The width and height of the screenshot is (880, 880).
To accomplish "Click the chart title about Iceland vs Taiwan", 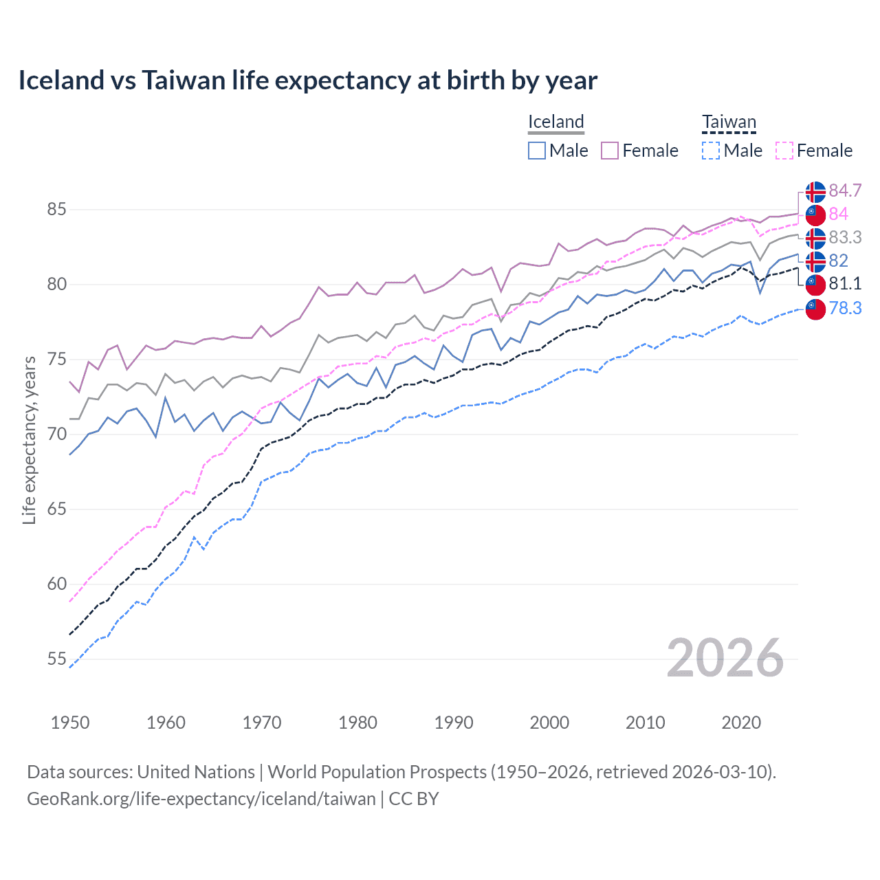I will pyautogui.click(x=307, y=80).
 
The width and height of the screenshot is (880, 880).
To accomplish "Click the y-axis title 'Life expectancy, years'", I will pyautogui.click(x=29, y=440).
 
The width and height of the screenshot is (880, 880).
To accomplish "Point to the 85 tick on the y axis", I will pyautogui.click(x=56, y=209).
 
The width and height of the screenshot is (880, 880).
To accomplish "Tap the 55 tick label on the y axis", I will pyautogui.click(x=56, y=659).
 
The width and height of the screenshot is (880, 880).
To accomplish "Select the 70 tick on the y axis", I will pyautogui.click(x=56, y=434).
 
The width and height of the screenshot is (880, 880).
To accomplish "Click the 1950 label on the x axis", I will pyautogui.click(x=70, y=723).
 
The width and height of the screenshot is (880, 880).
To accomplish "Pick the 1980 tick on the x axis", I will pyautogui.click(x=357, y=723).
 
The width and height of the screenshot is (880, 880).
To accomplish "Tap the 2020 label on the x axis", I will pyautogui.click(x=741, y=723).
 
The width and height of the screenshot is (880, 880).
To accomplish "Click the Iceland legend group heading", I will pyautogui.click(x=555, y=122).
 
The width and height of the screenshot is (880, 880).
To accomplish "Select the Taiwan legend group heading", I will pyautogui.click(x=729, y=122).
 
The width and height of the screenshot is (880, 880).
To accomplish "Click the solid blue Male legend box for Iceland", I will pyautogui.click(x=537, y=151).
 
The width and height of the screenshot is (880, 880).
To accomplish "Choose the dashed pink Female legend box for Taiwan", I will pyautogui.click(x=784, y=151).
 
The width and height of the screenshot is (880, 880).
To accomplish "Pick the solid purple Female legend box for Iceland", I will pyautogui.click(x=610, y=151).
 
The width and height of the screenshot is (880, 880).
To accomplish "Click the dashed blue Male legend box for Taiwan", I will pyautogui.click(x=711, y=151).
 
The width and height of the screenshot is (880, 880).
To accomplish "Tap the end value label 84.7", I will pyautogui.click(x=845, y=190).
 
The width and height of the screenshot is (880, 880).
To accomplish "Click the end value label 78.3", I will pyautogui.click(x=845, y=308).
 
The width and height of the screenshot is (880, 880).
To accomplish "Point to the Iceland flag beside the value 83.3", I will pyautogui.click(x=815, y=238).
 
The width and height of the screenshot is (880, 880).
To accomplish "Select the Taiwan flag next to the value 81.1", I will pyautogui.click(x=815, y=284).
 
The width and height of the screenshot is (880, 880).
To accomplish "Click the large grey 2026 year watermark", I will pyautogui.click(x=725, y=658).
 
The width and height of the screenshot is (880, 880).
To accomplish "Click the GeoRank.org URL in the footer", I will pyautogui.click(x=201, y=799).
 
